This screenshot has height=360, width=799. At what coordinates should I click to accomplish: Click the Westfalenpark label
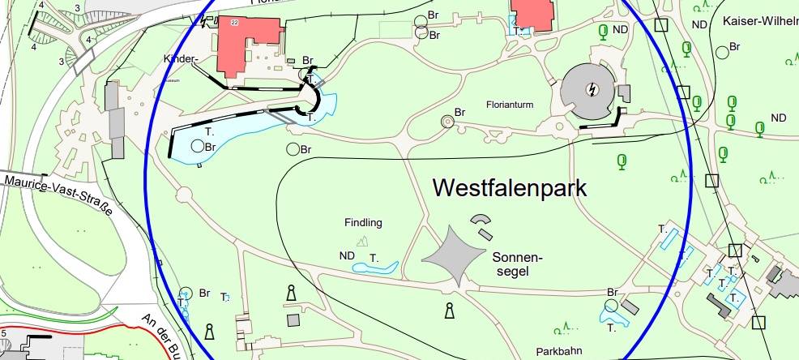pos(509,188)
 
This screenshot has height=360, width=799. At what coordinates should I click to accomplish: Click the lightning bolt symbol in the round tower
pos(593,89)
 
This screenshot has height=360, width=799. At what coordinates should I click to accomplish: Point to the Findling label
pos(362,222)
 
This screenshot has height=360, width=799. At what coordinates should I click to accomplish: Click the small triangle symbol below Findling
pos(362,240)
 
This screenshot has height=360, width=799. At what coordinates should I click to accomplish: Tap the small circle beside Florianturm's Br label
pos(446,121)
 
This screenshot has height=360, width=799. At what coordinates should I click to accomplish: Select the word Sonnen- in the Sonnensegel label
pos(516,257)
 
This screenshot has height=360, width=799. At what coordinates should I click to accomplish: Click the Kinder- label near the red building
pos(180,60)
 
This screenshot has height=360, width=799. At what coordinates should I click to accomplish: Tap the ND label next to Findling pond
pos(347,256)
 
